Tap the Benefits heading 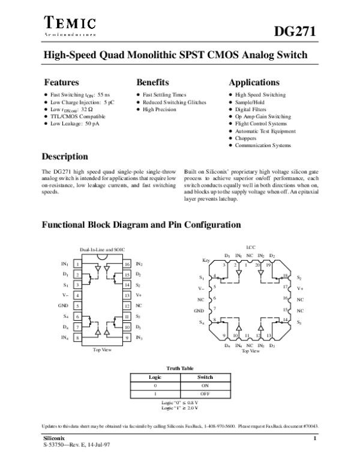coord(152,82)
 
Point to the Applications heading coord(254,82)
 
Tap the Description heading coord(65,157)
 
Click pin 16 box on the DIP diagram coord(127,264)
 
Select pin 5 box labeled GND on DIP coord(78,306)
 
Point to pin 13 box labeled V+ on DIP coord(127,295)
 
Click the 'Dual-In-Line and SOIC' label coord(102,249)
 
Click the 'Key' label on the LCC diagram coord(206,260)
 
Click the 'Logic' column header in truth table coord(156,377)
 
